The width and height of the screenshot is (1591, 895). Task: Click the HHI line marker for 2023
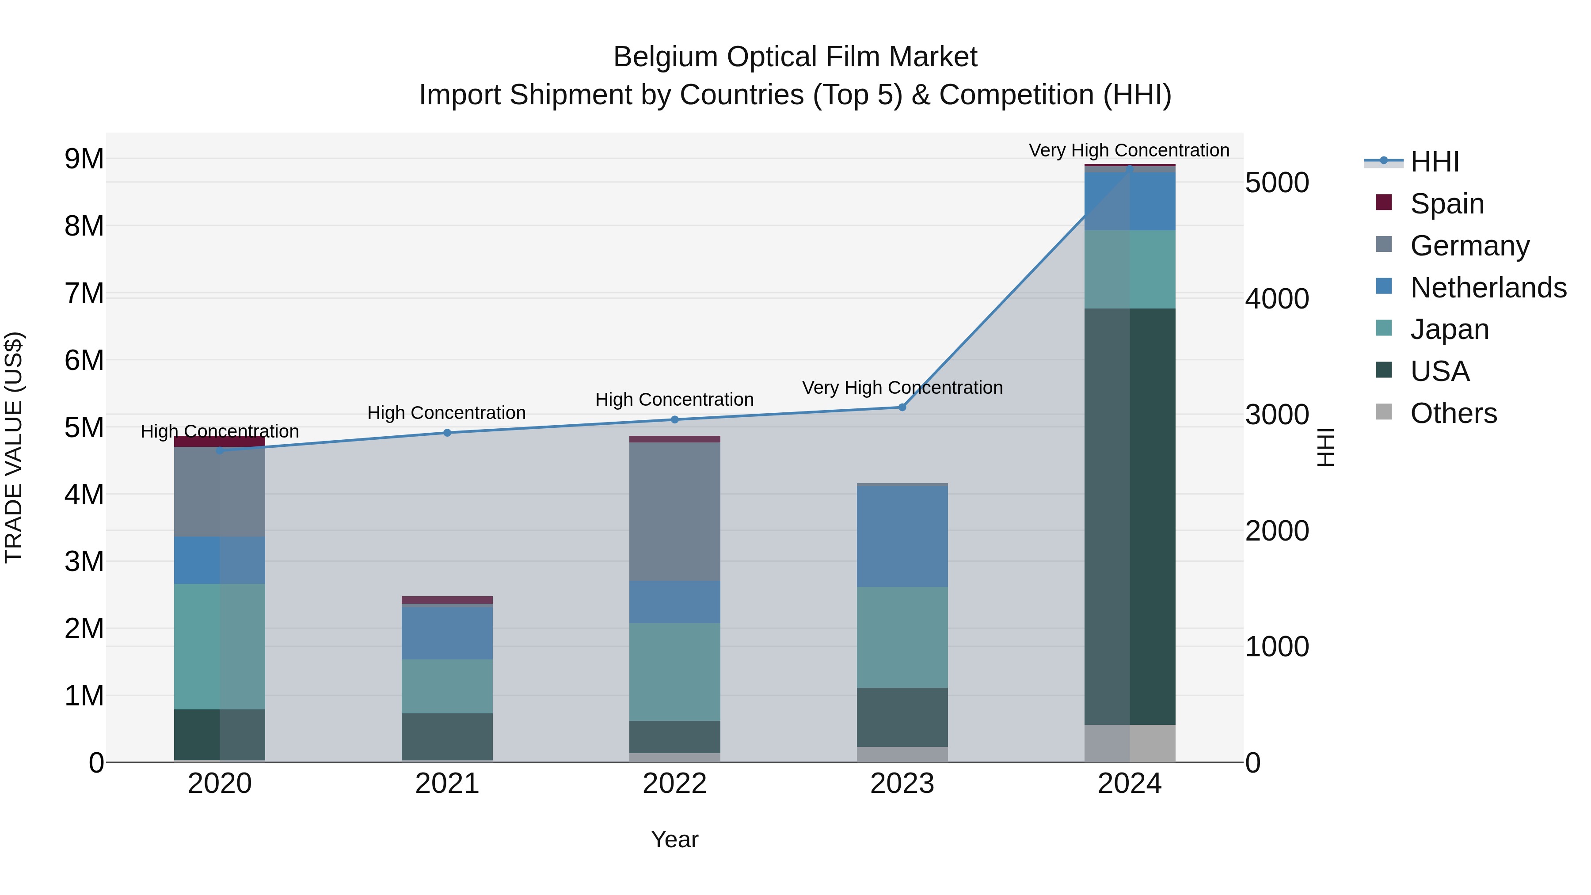902,407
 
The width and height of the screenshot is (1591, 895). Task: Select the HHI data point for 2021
447,432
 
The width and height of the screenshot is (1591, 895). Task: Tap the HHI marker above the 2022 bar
674,419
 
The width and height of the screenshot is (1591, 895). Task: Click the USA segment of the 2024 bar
1130,516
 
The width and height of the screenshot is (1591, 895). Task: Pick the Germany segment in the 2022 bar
674,511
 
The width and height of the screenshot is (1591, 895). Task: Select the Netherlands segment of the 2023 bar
902,536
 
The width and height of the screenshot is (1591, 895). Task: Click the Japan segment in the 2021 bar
447,686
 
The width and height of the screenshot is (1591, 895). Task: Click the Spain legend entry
1447,203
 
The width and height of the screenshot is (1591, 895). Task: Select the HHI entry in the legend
1434,162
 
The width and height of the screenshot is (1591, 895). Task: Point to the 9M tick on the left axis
84,159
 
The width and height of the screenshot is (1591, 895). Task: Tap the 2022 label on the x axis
674,784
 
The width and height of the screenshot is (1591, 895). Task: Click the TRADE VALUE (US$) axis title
14,447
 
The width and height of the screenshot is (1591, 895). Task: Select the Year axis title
674,839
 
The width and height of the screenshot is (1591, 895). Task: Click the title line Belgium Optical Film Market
795,57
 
